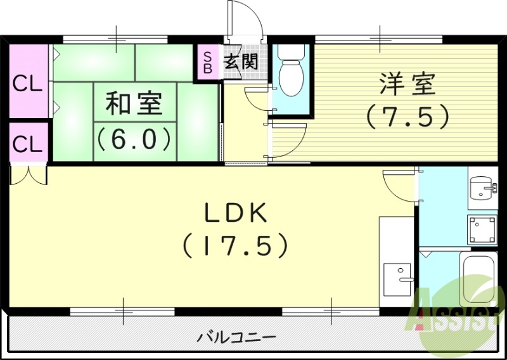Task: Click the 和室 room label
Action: [133, 103]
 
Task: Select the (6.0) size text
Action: [133, 138]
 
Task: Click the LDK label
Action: [236, 214]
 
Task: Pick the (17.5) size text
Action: [236, 245]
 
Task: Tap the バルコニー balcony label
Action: [236, 336]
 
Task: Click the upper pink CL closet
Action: [28, 83]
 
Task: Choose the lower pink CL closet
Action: [28, 144]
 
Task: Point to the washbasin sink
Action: [482, 187]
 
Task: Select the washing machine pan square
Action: [482, 228]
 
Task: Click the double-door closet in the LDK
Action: [29, 174]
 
